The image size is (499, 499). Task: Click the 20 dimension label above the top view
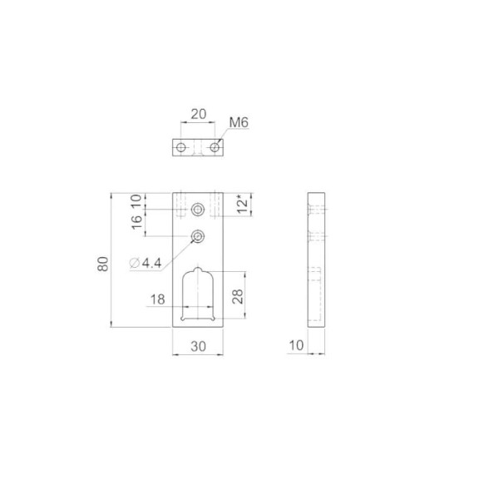198,114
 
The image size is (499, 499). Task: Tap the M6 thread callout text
239,122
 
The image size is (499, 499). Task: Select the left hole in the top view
181,148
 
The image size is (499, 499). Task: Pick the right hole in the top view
215,148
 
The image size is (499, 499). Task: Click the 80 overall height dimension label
103,264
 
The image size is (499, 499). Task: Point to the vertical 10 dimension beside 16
136,201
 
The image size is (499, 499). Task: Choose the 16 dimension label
136,222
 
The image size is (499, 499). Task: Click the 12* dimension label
243,206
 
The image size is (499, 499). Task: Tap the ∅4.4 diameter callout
146,263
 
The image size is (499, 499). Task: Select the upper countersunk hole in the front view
198,210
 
